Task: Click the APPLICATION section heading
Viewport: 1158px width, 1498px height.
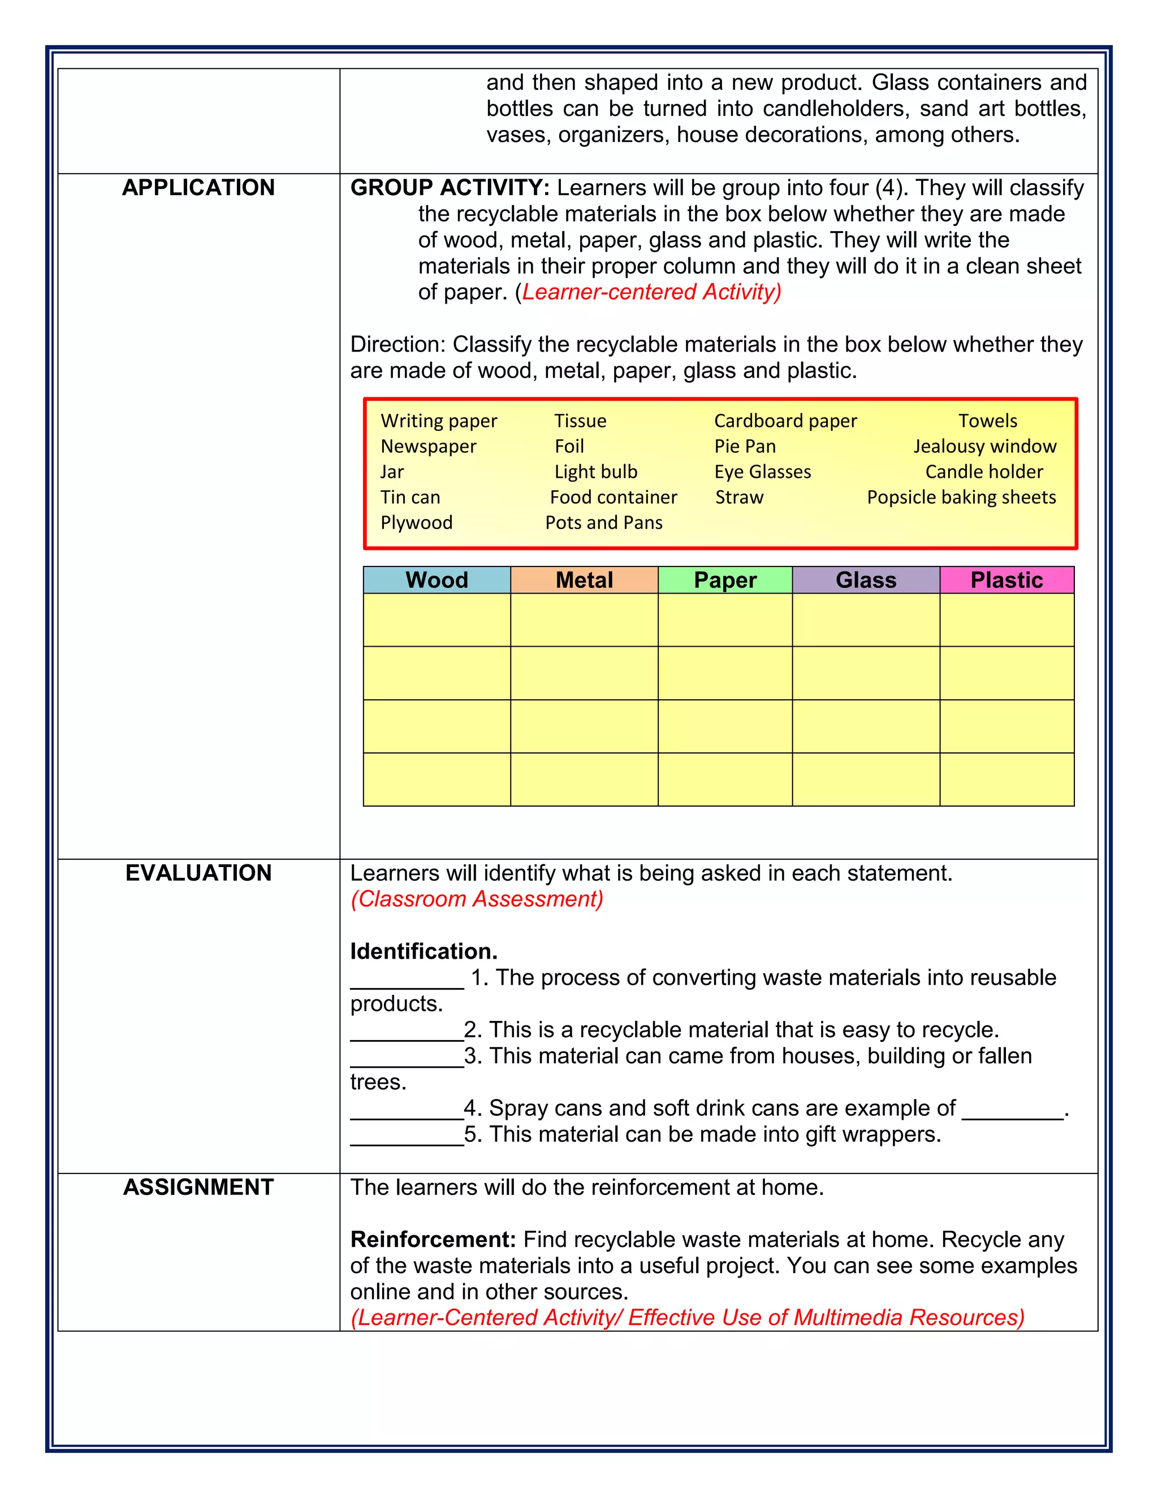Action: pos(198,187)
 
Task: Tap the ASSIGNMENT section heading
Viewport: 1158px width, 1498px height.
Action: pos(198,1187)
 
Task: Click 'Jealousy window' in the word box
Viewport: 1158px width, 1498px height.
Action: pos(984,446)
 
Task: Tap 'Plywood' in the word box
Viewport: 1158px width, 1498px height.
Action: pos(416,523)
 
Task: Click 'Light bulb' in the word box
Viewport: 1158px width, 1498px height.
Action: pos(595,472)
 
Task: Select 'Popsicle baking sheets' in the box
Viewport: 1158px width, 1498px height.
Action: pos(961,497)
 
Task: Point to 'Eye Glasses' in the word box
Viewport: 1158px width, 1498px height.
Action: pos(762,472)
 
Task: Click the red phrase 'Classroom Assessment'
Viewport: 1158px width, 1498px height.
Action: pos(477,899)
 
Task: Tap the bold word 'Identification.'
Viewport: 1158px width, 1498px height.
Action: pos(424,951)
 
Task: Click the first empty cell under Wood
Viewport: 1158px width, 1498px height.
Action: pos(437,620)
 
